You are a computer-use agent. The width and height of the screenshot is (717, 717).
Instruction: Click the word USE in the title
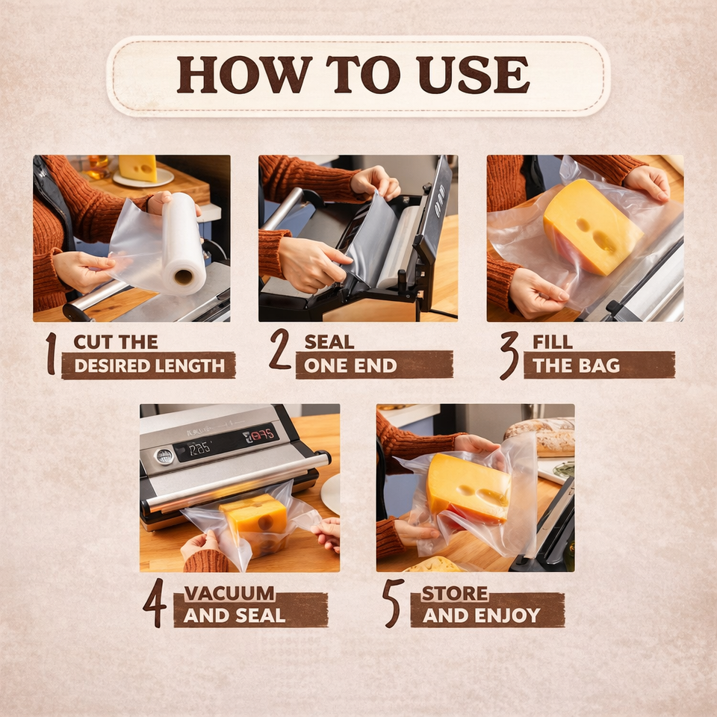474,75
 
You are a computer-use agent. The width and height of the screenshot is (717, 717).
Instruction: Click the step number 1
52,353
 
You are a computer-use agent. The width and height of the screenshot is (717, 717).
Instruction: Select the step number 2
280,349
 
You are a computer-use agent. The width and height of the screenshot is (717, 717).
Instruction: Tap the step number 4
155,602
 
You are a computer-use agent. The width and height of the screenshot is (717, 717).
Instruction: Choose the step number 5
394,603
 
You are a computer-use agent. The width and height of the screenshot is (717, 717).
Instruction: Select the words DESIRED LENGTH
149,366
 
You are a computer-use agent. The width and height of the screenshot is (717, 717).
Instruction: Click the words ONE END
350,365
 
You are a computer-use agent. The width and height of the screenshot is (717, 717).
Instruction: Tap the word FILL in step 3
553,341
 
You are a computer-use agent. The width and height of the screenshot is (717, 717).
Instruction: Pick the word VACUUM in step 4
229,593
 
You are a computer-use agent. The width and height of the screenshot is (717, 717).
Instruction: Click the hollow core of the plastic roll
184,276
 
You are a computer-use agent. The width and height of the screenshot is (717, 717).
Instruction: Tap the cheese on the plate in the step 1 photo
137,168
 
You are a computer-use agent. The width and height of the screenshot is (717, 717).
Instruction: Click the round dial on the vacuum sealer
164,456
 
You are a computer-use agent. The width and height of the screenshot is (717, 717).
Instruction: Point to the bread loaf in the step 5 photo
540,437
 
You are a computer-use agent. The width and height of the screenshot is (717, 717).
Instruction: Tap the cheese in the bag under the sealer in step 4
253,524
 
